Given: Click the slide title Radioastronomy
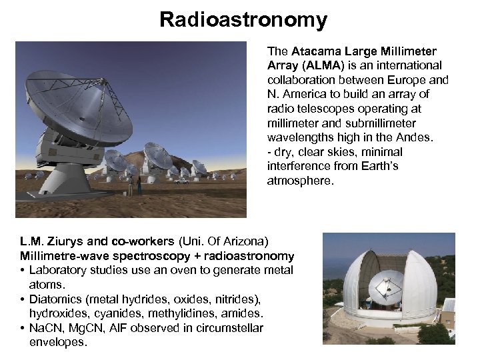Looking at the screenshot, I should pyautogui.click(x=243, y=19).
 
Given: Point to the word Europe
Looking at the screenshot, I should pyautogui.click(x=413, y=79).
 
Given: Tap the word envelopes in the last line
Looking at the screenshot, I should pyautogui.click(x=57, y=342).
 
